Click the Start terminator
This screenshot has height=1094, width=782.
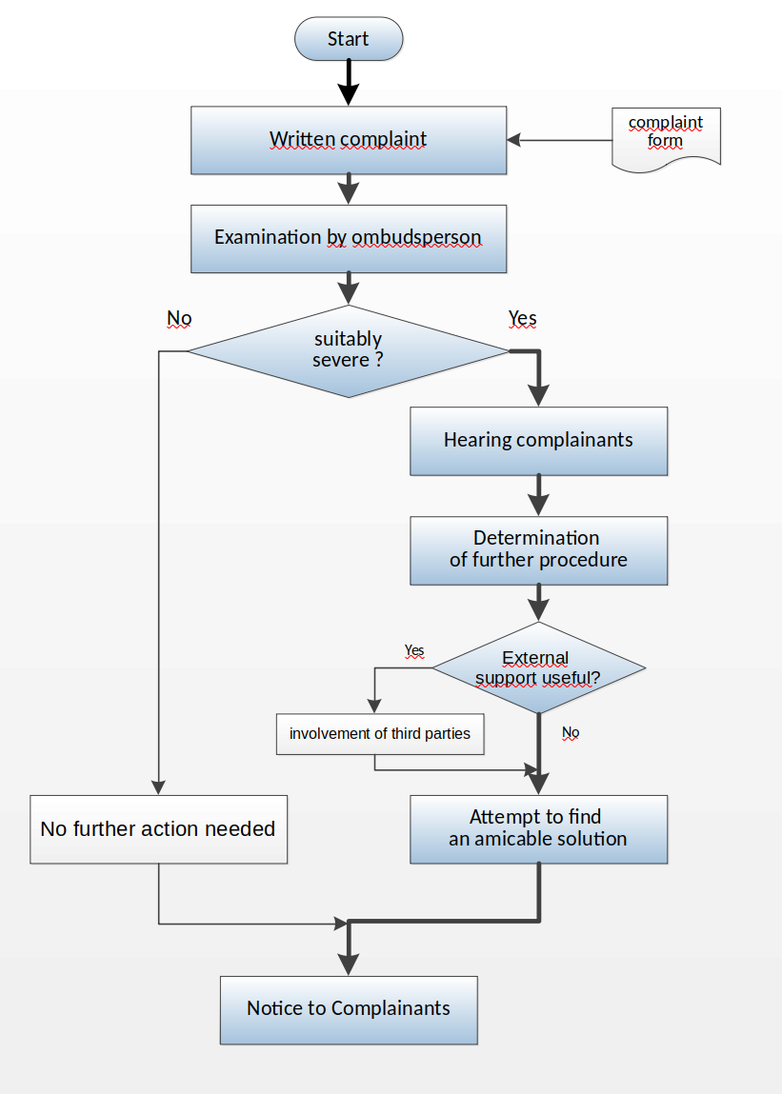[349, 39]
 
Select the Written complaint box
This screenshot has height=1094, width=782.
[349, 140]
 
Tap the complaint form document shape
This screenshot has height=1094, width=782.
[666, 138]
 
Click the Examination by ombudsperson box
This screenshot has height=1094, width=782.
[349, 239]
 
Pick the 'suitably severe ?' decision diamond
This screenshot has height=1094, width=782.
[349, 351]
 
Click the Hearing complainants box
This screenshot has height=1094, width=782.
[538, 441]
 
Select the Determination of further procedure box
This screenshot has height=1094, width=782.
[538, 550]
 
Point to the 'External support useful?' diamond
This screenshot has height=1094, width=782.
[538, 667]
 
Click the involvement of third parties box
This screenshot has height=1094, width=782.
[380, 734]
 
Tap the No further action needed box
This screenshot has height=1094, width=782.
[158, 829]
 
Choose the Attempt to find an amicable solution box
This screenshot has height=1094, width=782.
[538, 829]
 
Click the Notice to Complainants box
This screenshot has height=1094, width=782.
[349, 1010]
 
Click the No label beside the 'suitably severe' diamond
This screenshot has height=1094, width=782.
[179, 319]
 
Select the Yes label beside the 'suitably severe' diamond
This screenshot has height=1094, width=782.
[522, 319]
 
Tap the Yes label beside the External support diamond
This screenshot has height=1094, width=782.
[414, 651]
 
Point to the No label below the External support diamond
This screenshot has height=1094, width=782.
[571, 733]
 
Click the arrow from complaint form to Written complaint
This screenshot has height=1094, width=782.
[559, 140]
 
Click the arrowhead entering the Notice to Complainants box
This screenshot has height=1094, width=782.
[349, 965]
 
